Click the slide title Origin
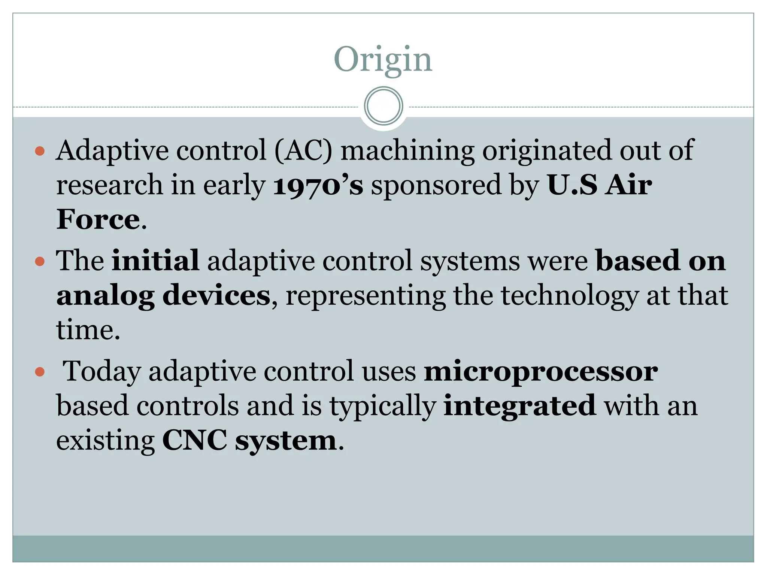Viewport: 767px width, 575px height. pos(383,60)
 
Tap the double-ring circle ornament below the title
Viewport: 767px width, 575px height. pos(383,106)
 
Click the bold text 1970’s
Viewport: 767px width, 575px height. pos(318,185)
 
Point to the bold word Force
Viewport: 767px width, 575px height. pos(98,220)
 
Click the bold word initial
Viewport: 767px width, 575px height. pos(155,261)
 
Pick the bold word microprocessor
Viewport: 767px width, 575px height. pos(540,371)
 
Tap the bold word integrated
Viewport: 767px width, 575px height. pos(519,406)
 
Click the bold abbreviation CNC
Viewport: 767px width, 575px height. pos(194,441)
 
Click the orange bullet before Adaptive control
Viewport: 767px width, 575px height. pos(40,151)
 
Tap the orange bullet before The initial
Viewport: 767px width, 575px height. pos(40,261)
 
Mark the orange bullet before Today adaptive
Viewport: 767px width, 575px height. pos(40,372)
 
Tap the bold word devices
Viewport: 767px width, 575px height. pos(216,296)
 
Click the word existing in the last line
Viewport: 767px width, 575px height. pos(105,441)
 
